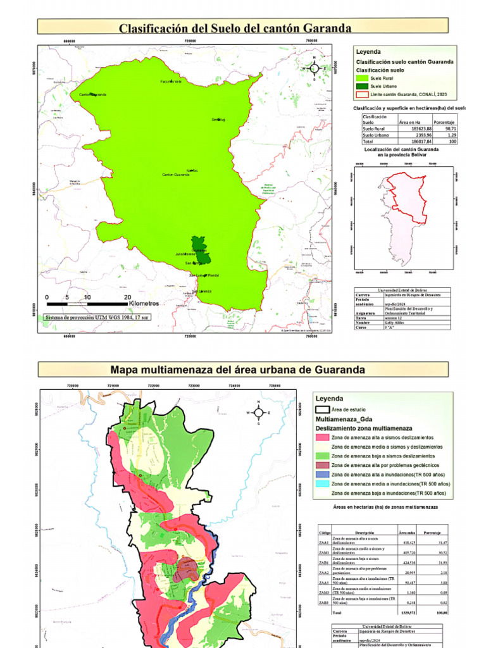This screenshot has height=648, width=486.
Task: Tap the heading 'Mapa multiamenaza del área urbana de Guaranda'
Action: (238, 369)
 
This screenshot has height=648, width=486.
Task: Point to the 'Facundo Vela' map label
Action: (171, 82)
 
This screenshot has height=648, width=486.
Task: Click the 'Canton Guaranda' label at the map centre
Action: (176, 175)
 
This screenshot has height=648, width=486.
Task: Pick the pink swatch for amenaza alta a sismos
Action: (323, 437)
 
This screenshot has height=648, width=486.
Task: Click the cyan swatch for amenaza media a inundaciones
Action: (323, 483)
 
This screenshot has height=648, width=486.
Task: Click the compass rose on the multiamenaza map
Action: (258, 412)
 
